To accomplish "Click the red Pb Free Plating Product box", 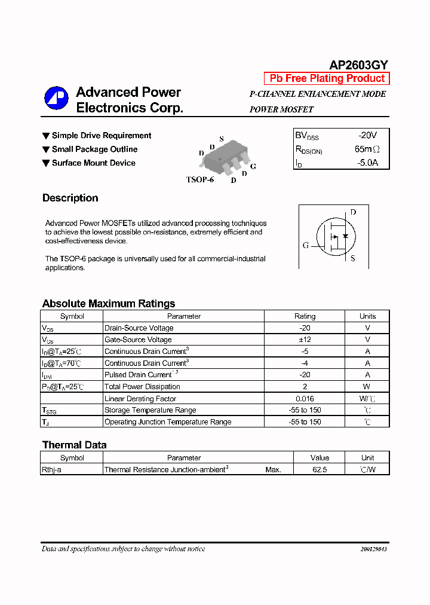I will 327,78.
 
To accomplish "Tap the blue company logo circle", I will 57,99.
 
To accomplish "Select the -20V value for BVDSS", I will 367,136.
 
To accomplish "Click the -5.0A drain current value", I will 367,163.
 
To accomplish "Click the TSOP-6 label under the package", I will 199,179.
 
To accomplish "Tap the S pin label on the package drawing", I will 221,139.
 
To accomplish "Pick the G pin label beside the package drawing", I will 253,166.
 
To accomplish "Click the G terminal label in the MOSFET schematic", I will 306,245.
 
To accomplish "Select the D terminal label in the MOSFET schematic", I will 353,212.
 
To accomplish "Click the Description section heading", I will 70,198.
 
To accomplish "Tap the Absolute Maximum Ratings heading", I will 109,303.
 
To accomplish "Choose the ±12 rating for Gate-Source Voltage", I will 305,340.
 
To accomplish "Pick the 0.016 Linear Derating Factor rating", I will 305,398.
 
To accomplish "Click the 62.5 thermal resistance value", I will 320,470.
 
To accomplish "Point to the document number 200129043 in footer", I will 373,549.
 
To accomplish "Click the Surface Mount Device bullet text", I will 93,163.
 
